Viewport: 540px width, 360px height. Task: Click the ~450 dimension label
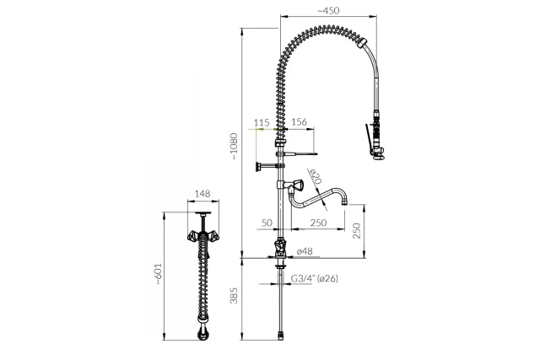coord(328,11)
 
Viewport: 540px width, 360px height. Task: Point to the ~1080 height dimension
coord(235,146)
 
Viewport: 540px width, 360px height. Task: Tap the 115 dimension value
coord(262,122)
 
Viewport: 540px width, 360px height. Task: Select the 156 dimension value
coord(299,122)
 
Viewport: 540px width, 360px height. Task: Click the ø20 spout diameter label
coord(315,176)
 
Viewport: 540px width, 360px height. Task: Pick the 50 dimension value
coord(267,223)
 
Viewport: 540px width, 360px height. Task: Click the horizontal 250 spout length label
coord(319,223)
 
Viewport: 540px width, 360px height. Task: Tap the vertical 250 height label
coord(357,231)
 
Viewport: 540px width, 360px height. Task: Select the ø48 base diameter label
coord(305,251)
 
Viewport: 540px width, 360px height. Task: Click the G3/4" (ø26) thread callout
coord(315,278)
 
